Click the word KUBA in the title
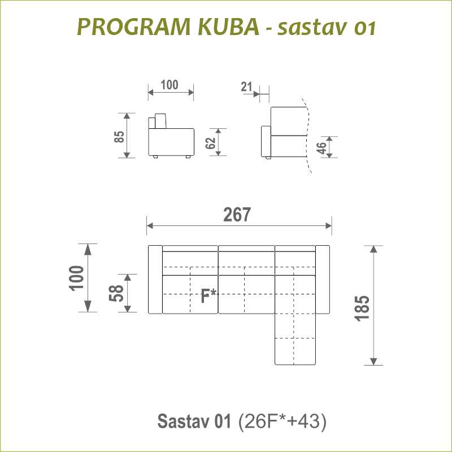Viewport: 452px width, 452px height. [x=229, y=27]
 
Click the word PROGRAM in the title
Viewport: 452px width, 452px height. [x=134, y=27]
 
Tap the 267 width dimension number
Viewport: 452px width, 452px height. [x=237, y=215]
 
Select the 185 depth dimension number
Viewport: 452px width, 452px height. [x=362, y=308]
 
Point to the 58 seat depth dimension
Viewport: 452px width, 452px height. [x=116, y=293]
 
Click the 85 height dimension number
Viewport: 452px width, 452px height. [x=119, y=137]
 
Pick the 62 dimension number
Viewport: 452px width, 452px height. [x=210, y=143]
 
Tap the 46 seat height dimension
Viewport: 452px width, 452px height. [x=321, y=148]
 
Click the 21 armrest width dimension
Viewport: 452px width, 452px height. [x=246, y=87]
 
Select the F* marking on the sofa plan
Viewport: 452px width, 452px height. [x=208, y=296]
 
